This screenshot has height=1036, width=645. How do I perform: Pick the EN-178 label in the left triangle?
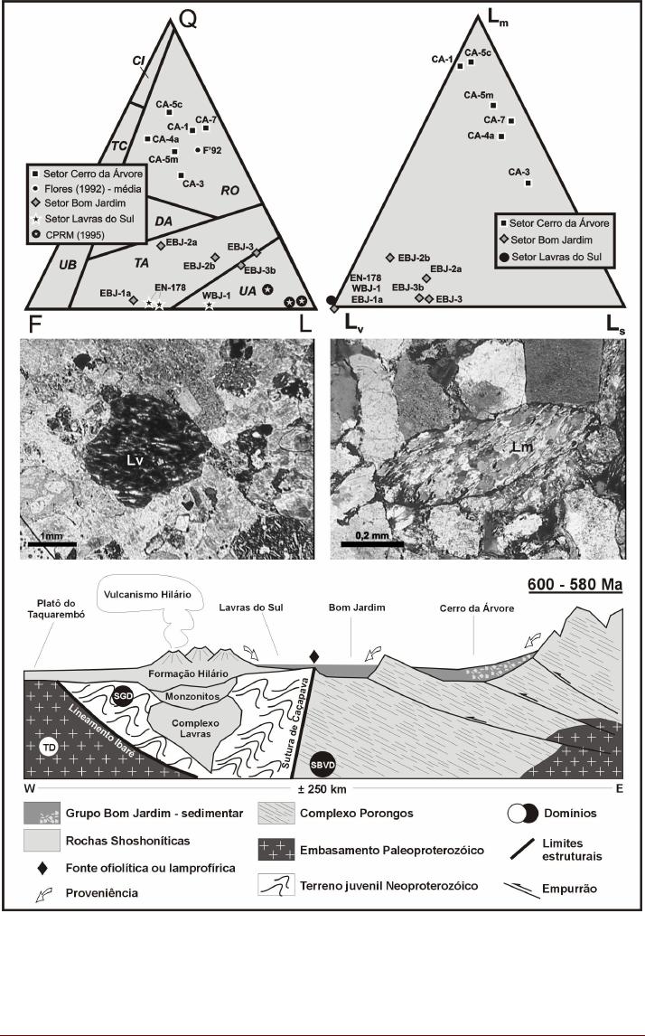168,288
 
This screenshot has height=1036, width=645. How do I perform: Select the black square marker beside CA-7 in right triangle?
511,120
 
